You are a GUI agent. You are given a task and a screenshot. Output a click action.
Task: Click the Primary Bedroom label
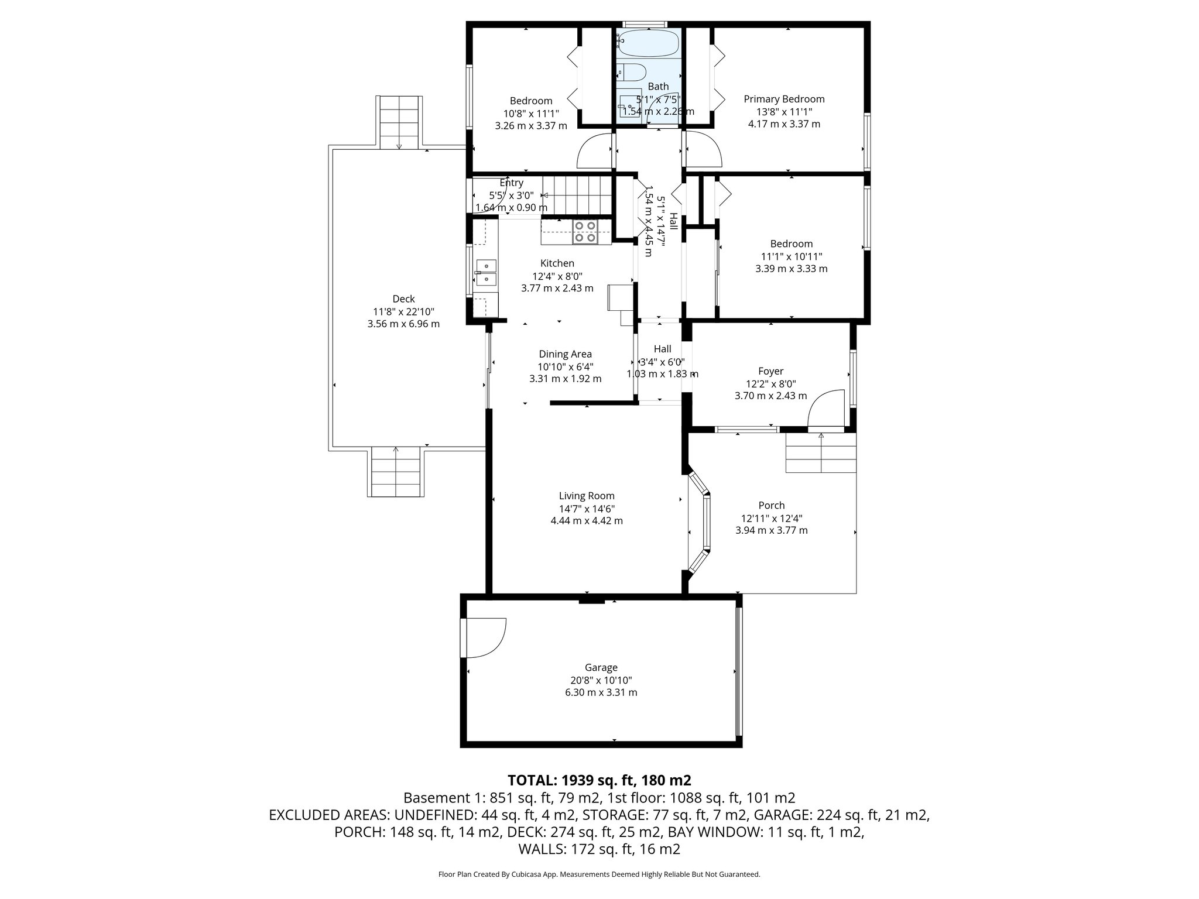point(784,99)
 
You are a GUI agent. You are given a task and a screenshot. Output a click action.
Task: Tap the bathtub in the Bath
point(649,44)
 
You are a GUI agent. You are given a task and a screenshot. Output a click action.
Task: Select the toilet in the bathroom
point(631,72)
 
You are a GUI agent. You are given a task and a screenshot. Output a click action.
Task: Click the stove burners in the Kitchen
point(584,231)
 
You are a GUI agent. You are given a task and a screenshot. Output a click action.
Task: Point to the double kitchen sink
point(486,273)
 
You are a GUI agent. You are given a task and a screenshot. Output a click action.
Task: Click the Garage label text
point(601,667)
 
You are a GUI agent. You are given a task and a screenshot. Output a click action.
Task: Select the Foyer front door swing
point(825,410)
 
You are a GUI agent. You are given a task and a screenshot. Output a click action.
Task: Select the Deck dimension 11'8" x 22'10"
point(403,311)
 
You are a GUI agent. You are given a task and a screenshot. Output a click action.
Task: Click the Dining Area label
point(565,354)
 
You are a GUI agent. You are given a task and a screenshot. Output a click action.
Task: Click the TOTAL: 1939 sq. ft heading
point(599,780)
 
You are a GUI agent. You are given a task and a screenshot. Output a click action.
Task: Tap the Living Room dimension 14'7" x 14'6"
point(587,509)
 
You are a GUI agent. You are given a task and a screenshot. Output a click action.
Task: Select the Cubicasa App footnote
point(599,874)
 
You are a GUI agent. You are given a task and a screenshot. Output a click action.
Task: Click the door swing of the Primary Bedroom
point(704,150)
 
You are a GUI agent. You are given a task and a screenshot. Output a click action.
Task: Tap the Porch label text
point(771,505)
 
